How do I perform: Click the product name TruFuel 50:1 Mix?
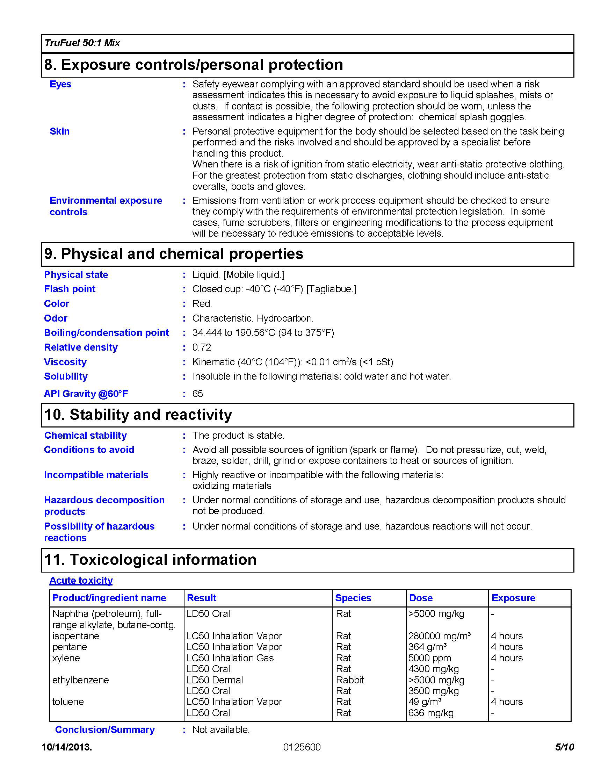[x=82, y=43]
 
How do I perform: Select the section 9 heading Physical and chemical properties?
[x=174, y=254]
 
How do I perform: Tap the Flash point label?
[x=70, y=289]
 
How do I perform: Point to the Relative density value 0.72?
[x=202, y=347]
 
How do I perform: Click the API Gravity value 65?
[x=197, y=394]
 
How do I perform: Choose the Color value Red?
[x=202, y=303]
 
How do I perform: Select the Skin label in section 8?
[x=59, y=131]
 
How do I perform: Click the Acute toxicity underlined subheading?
[x=81, y=580]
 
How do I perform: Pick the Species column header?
[x=353, y=598]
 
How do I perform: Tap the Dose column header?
[x=421, y=598]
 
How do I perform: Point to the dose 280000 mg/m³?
[x=440, y=636]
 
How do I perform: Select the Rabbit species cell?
[x=350, y=680]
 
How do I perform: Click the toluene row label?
[x=68, y=702]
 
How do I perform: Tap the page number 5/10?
[x=564, y=747]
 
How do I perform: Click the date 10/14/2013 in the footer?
[x=66, y=747]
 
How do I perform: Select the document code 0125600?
[x=302, y=747]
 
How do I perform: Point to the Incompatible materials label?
[x=96, y=475]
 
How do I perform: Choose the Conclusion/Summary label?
[x=105, y=730]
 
